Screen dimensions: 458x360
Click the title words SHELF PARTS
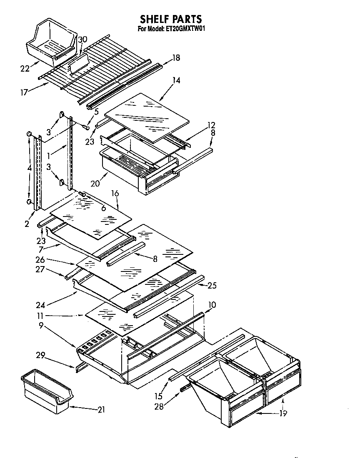pos(171,19)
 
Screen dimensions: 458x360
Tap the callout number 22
pos(25,69)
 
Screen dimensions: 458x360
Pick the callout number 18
pos(176,58)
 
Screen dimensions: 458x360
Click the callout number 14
pos(176,80)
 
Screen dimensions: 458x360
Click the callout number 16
pos(115,193)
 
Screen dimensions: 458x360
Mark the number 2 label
pos(27,224)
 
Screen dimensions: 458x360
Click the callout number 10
pos(212,305)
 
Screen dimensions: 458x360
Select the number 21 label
pos(101,410)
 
